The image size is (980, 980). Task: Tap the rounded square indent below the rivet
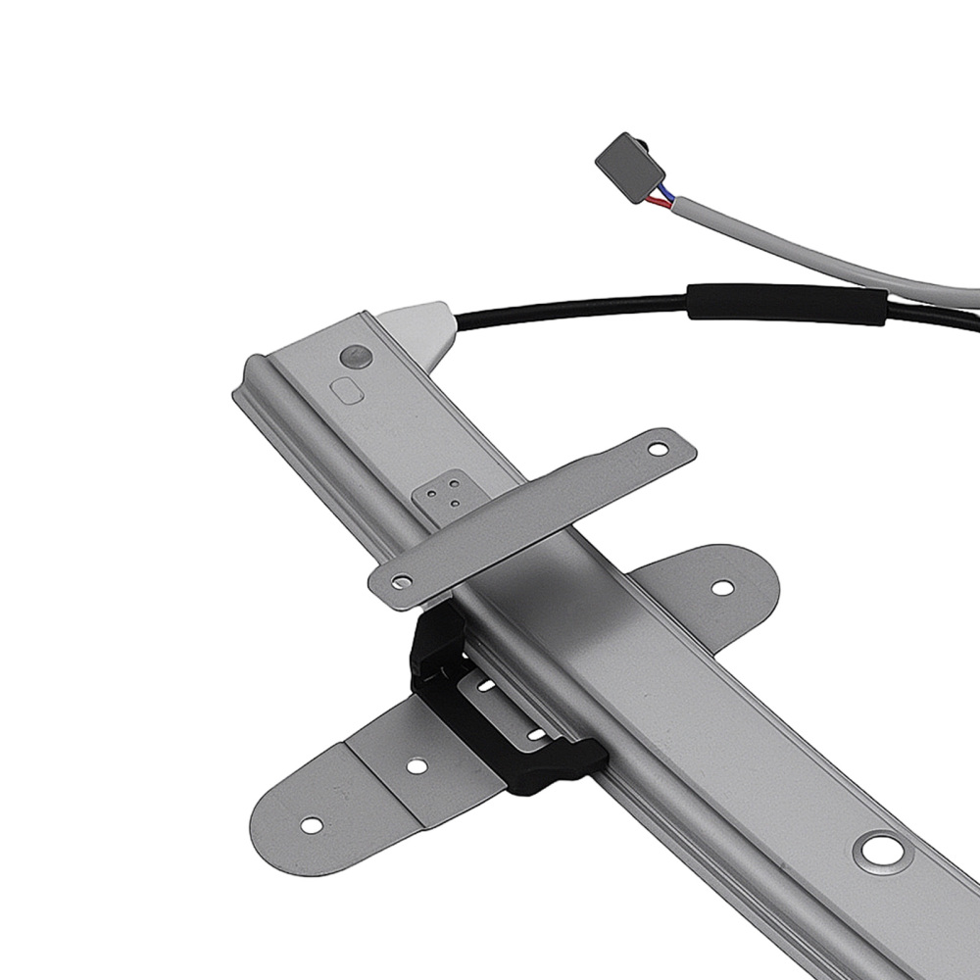[x=346, y=391]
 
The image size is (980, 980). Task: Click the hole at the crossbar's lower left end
[x=397, y=582]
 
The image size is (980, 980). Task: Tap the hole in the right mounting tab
[x=721, y=588]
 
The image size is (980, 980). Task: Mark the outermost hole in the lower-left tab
[x=311, y=825]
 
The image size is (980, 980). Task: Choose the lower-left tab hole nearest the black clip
[x=416, y=765]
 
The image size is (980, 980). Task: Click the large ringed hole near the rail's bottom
[x=882, y=851]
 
